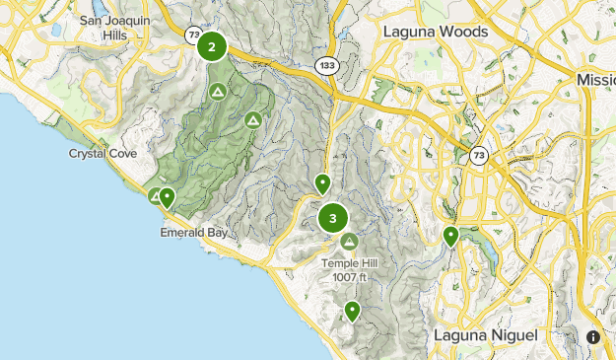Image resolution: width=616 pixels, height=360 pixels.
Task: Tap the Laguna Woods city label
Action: pyautogui.click(x=435, y=32)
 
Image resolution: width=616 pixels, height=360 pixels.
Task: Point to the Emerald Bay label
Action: pyautogui.click(x=188, y=234)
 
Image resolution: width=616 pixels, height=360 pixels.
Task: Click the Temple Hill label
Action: pyautogui.click(x=349, y=263)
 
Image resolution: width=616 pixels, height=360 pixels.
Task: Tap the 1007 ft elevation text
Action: pyautogui.click(x=349, y=276)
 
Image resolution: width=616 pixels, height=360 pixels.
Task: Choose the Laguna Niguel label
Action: pyautogui.click(x=486, y=335)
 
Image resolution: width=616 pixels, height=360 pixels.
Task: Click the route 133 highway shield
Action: pyautogui.click(x=327, y=64)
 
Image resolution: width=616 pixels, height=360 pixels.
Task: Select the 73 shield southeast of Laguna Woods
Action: pyautogui.click(x=478, y=155)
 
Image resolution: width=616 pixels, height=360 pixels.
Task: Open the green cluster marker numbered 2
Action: pyautogui.click(x=212, y=46)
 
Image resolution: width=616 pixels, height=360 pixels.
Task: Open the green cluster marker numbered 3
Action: pyautogui.click(x=334, y=219)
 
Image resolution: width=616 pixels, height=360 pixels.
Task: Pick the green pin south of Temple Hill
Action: pyautogui.click(x=352, y=312)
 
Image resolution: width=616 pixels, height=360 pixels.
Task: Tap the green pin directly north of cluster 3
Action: pyautogui.click(x=322, y=183)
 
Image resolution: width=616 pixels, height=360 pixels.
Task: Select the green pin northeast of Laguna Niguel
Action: pyautogui.click(x=450, y=236)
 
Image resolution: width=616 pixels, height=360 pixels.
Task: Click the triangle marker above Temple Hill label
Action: pyautogui.click(x=349, y=242)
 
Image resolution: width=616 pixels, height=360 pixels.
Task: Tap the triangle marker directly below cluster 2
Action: pyautogui.click(x=218, y=92)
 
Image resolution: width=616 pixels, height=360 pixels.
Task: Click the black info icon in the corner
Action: pyautogui.click(x=593, y=336)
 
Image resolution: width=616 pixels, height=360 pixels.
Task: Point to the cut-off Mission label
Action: pyautogui.click(x=595, y=79)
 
